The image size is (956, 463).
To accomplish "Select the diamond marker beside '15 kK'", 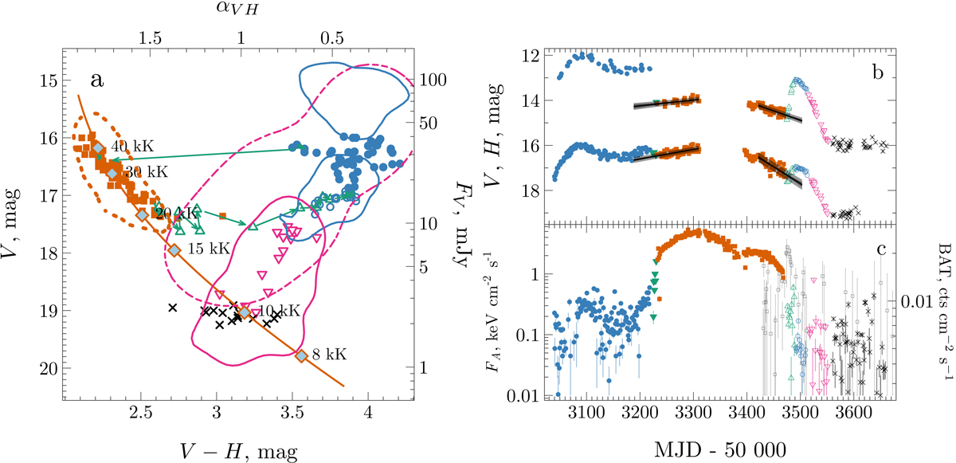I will click(174, 250).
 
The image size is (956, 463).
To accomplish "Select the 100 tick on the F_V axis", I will click(436, 80).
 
